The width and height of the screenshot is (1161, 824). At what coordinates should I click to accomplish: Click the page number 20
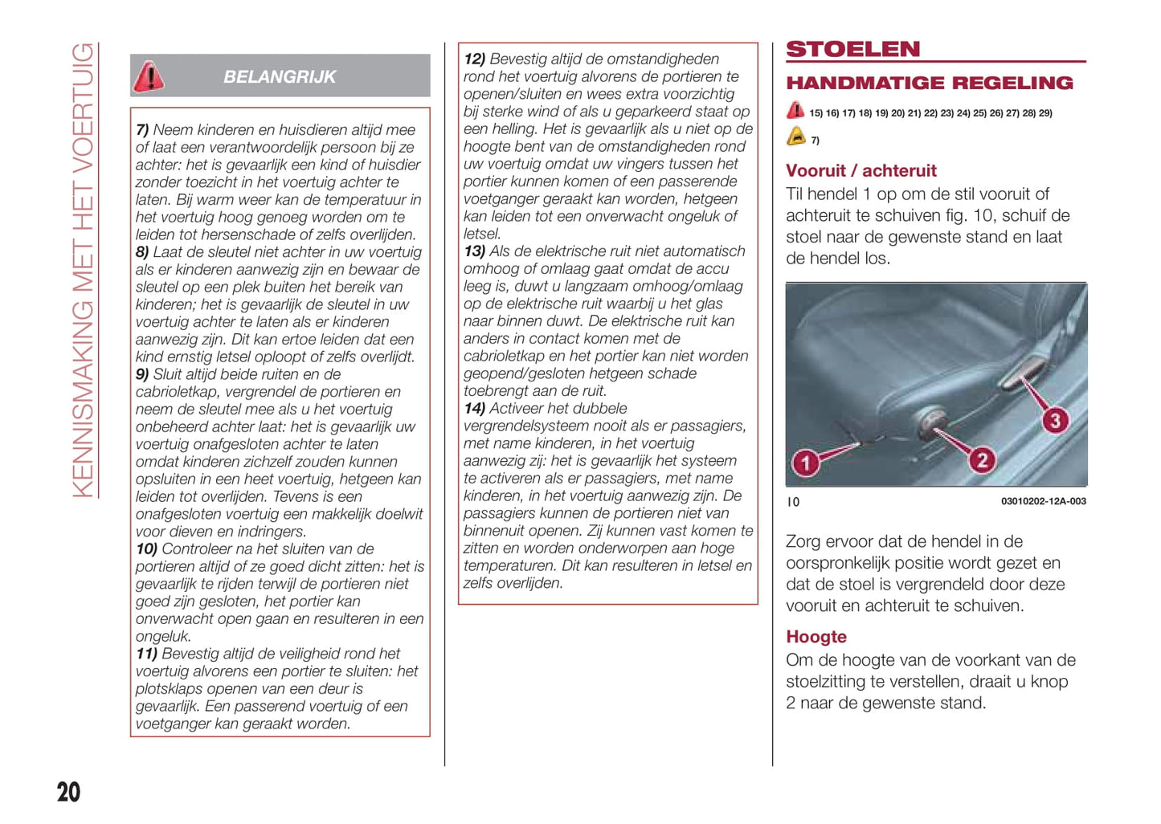pos(68,792)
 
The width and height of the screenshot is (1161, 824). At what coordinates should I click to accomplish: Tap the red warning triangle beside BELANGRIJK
pos(149,76)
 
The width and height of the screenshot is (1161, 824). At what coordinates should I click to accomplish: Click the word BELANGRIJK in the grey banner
pos(280,77)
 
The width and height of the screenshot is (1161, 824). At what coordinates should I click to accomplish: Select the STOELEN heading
pos(852,49)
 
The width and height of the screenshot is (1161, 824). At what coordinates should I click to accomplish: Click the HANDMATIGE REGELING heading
pos(929,83)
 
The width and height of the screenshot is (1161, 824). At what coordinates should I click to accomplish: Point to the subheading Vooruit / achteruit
pos(861,170)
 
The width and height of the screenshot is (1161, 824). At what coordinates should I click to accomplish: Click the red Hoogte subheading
pos(816,637)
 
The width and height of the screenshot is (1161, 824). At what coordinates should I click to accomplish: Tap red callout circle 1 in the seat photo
pos(805,462)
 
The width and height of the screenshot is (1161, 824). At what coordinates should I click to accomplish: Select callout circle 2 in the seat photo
pos(981,459)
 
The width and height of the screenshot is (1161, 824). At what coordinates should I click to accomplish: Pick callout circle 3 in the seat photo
pos(1055,420)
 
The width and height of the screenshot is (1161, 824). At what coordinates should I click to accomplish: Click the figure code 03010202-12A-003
pos(1043,501)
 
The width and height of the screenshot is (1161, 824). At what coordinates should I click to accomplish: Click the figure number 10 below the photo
pos(793,502)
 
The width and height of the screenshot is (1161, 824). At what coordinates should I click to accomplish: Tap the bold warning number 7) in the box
pos(142,130)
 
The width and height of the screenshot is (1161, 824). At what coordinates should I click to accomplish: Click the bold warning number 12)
pos(474,59)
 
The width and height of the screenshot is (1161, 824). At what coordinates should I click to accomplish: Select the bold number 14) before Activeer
pos(474,409)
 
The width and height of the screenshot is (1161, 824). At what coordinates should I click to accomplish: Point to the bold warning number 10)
pos(146,549)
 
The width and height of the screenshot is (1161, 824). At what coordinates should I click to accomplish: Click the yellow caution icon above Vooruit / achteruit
pos(795,137)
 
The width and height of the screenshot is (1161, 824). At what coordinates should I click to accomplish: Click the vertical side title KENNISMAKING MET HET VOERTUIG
pos(83,269)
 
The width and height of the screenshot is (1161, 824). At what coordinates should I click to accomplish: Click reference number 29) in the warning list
pos(1045,113)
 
